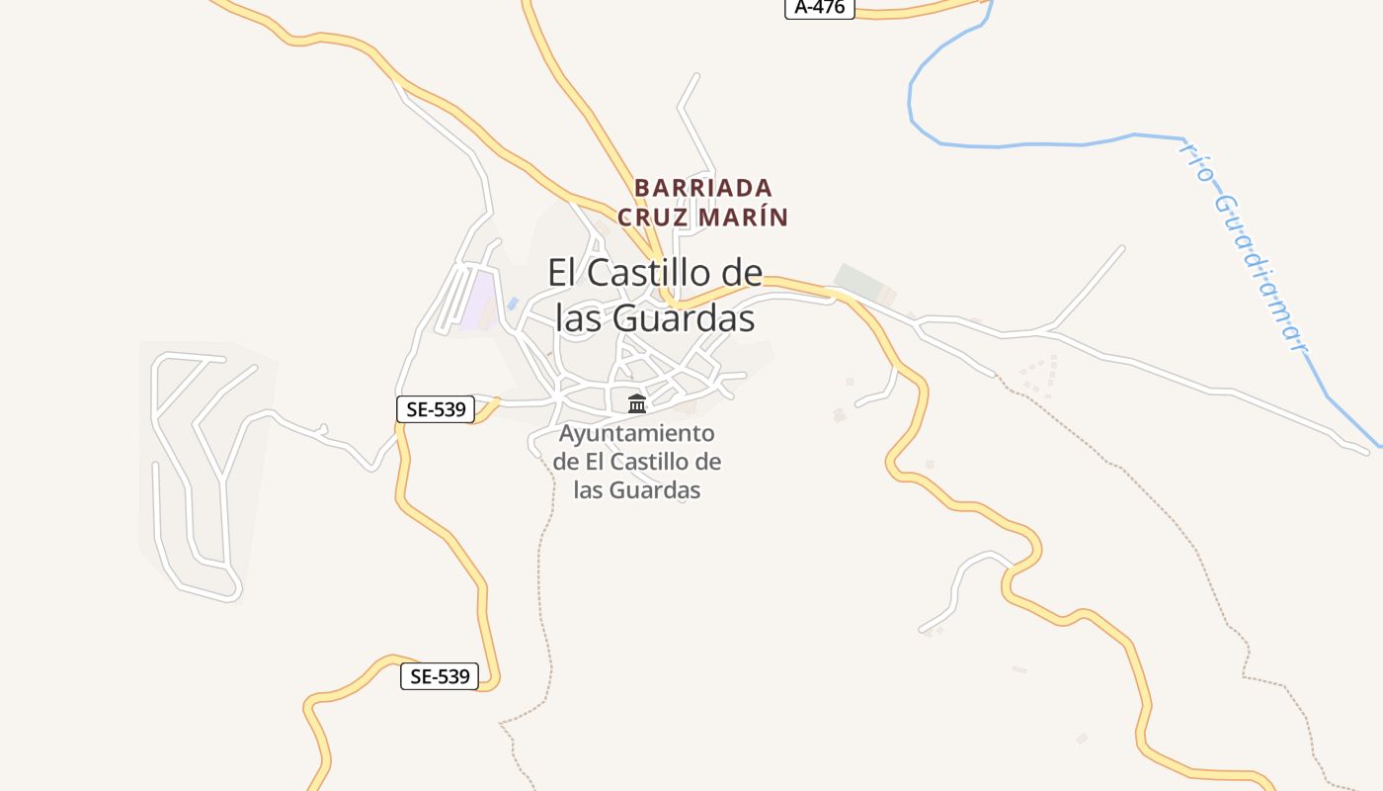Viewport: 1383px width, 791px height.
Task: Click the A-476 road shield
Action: [x=819, y=7]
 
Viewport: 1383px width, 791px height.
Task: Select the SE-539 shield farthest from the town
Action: [x=440, y=676]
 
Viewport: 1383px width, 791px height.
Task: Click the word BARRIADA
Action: [x=703, y=188]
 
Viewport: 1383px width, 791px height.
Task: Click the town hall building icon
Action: [x=637, y=403]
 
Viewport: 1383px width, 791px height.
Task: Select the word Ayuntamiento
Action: [x=636, y=433]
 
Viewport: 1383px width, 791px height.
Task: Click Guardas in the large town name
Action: [x=684, y=318]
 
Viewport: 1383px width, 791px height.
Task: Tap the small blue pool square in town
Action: [x=513, y=303]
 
